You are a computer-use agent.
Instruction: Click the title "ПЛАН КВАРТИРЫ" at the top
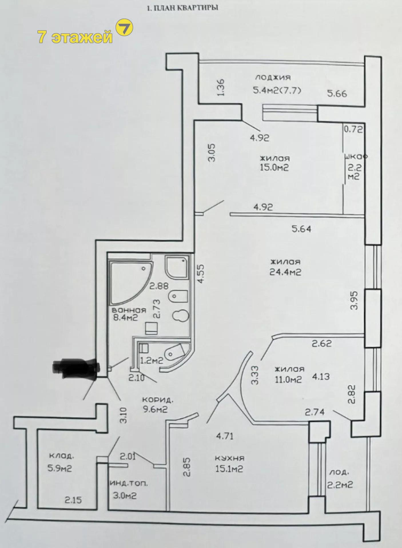(186, 8)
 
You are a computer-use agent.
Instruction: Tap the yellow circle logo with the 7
(124, 28)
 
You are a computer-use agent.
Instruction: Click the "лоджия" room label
(273, 77)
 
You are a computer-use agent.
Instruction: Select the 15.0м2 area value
(274, 168)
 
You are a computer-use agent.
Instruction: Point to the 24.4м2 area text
(285, 272)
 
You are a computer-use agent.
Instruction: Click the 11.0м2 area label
(288, 379)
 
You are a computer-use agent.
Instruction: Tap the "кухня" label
(230, 458)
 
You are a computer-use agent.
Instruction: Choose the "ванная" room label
(129, 310)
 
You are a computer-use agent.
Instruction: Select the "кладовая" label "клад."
(61, 456)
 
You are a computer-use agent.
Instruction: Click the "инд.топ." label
(129, 483)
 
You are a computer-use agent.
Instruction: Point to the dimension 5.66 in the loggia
(337, 93)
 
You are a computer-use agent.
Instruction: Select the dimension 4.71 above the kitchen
(225, 436)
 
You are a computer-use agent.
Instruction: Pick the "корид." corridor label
(158, 400)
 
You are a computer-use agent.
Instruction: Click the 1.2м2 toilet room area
(151, 360)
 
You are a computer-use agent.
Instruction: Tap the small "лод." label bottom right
(339, 472)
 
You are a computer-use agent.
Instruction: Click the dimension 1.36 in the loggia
(221, 88)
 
